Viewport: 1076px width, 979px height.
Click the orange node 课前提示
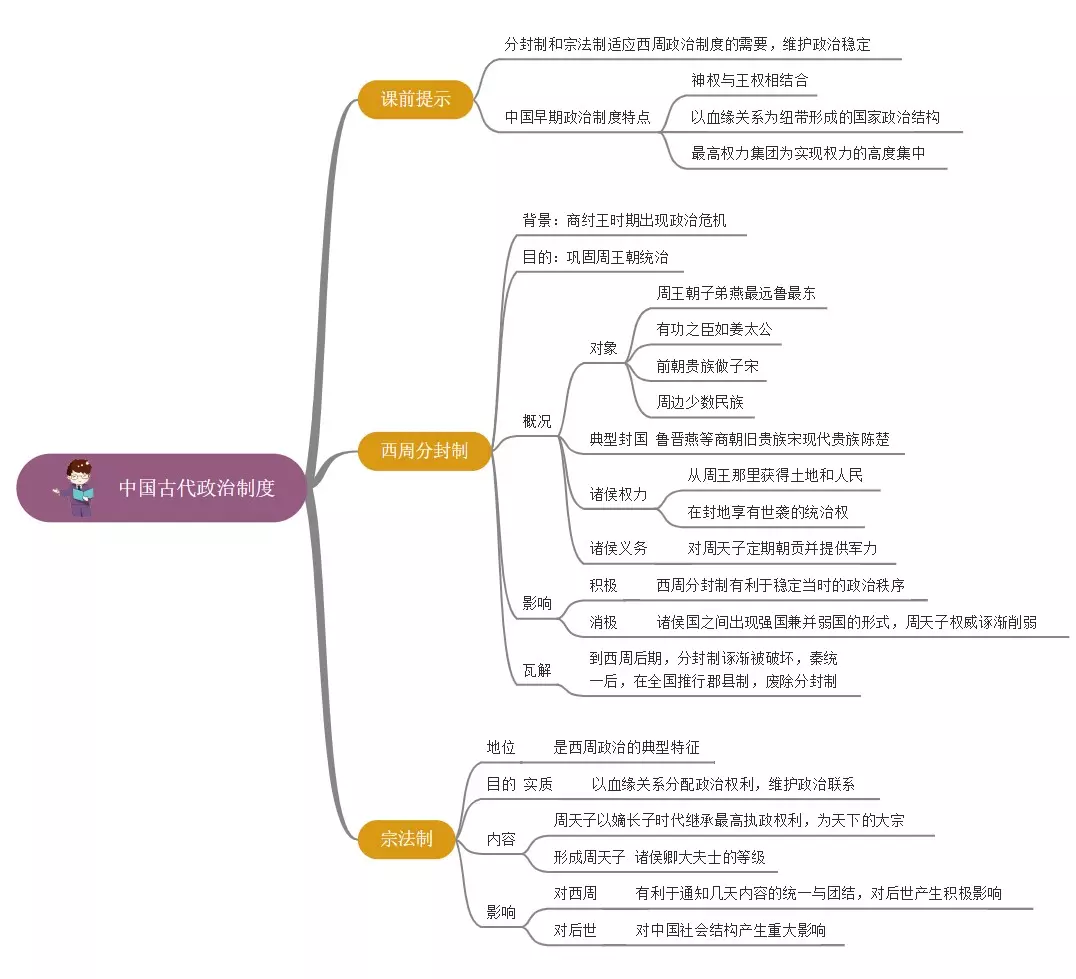[415, 99]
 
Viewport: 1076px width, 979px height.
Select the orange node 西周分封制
[424, 450]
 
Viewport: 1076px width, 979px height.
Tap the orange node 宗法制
[406, 838]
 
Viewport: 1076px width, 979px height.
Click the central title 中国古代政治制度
[197, 488]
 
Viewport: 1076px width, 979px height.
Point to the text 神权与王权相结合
[749, 80]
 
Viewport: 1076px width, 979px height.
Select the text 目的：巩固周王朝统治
[595, 257]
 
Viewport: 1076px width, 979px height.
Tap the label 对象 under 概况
[603, 349]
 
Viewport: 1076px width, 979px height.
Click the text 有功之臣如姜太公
[714, 329]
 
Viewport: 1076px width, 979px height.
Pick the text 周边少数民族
[700, 402]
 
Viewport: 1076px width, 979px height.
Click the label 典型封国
[618, 438]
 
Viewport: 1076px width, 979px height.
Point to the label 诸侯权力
[618, 494]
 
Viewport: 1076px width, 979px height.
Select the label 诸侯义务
[618, 548]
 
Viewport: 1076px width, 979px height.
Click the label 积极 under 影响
[603, 585]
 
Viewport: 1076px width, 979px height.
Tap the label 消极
[603, 622]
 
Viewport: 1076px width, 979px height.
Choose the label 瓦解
[537, 670]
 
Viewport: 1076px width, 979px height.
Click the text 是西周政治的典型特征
[627, 747]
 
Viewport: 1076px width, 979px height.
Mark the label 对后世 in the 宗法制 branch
[575, 930]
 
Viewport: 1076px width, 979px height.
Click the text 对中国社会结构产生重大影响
[731, 930]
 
